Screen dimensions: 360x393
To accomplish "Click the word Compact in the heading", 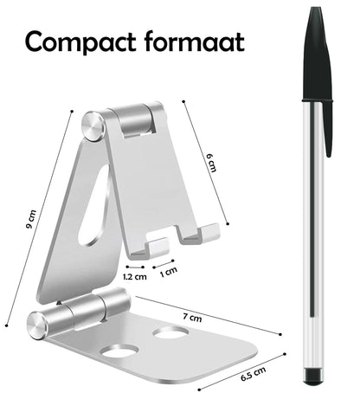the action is click(80, 42).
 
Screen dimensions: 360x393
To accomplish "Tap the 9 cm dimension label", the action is click(31, 219).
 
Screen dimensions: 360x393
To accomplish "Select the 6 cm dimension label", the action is click(211, 163).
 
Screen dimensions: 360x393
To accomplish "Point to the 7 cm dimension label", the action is click(192, 318).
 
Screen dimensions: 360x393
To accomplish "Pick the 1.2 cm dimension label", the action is click(135, 277).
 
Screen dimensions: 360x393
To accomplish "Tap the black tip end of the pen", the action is click(313, 377).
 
